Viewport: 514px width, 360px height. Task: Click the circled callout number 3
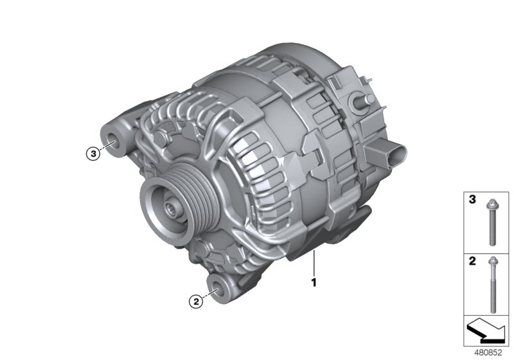[x=94, y=154]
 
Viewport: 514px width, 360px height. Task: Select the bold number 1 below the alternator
[x=314, y=281]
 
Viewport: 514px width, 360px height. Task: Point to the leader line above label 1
[x=314, y=264]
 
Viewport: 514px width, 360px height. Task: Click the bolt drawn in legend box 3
[x=491, y=221]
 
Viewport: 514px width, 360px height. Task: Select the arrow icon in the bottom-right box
[x=486, y=331]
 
